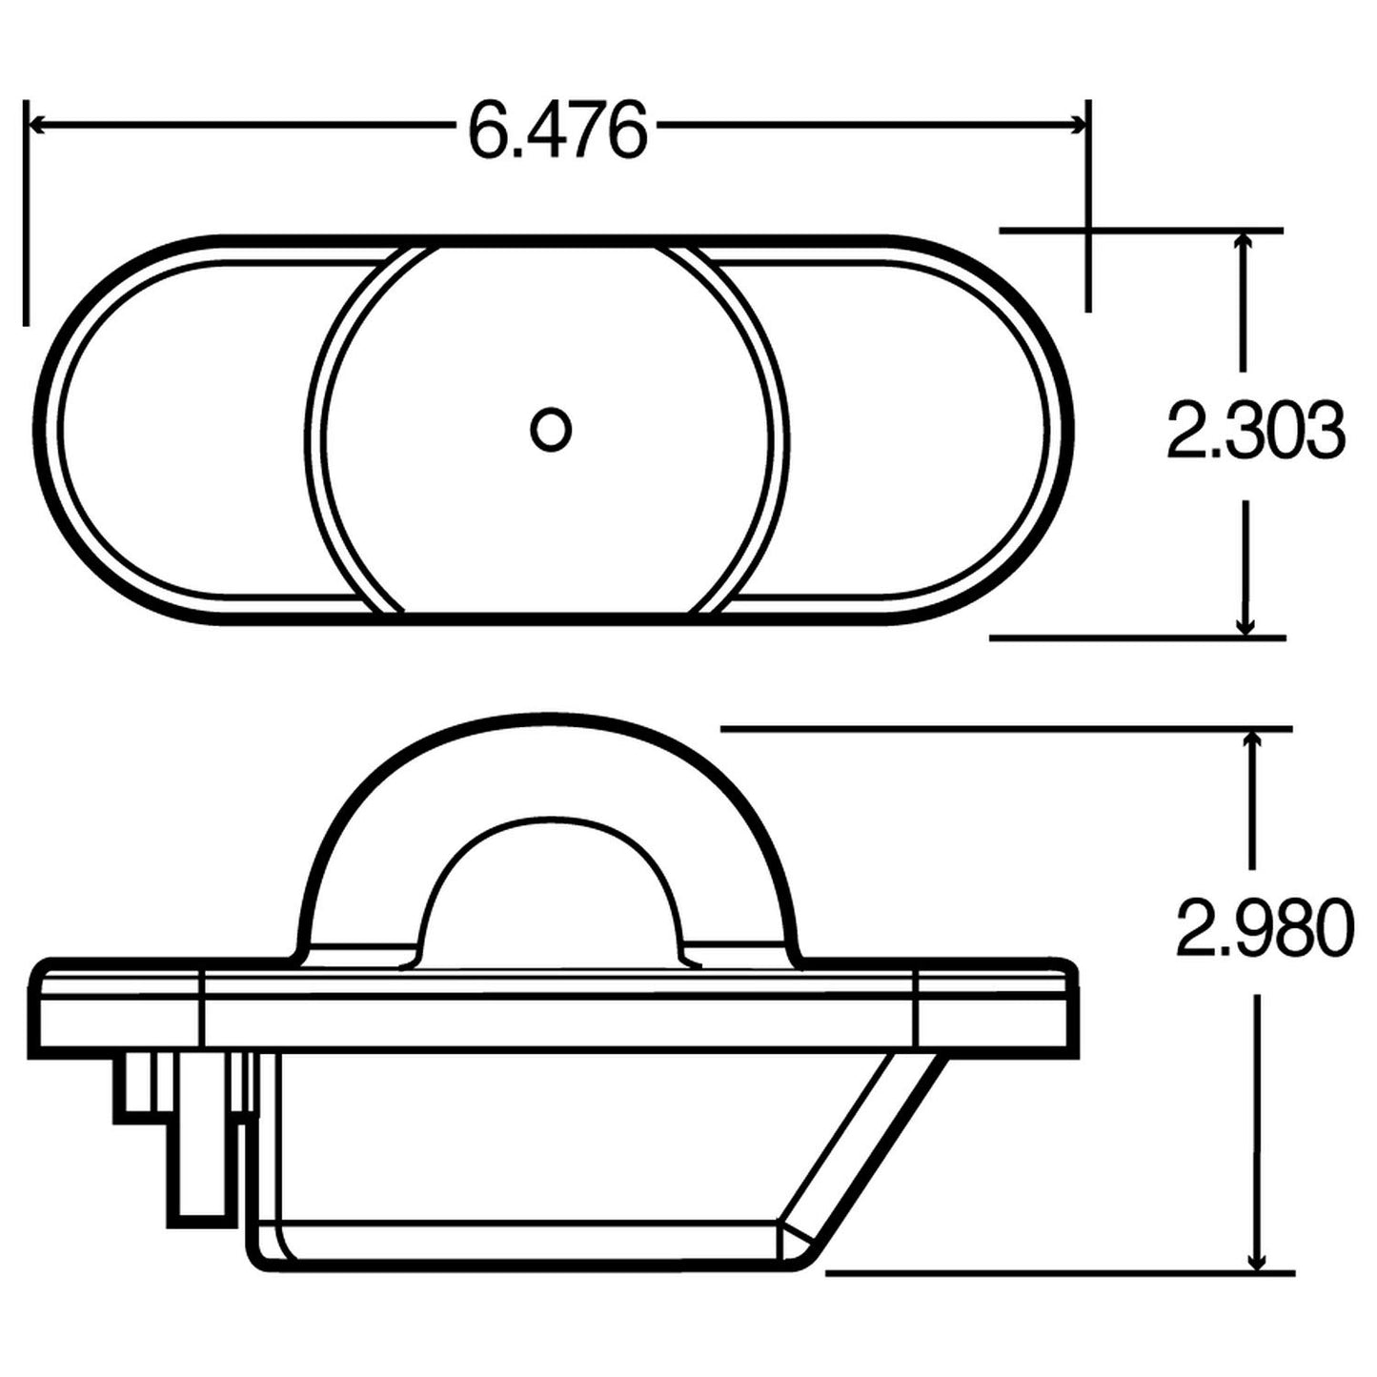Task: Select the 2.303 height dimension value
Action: tap(1255, 431)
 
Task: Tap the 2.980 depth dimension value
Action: tap(1264, 926)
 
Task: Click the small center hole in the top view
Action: tap(550, 430)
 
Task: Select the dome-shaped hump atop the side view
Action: tap(548, 772)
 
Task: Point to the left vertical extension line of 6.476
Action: tap(26, 210)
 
